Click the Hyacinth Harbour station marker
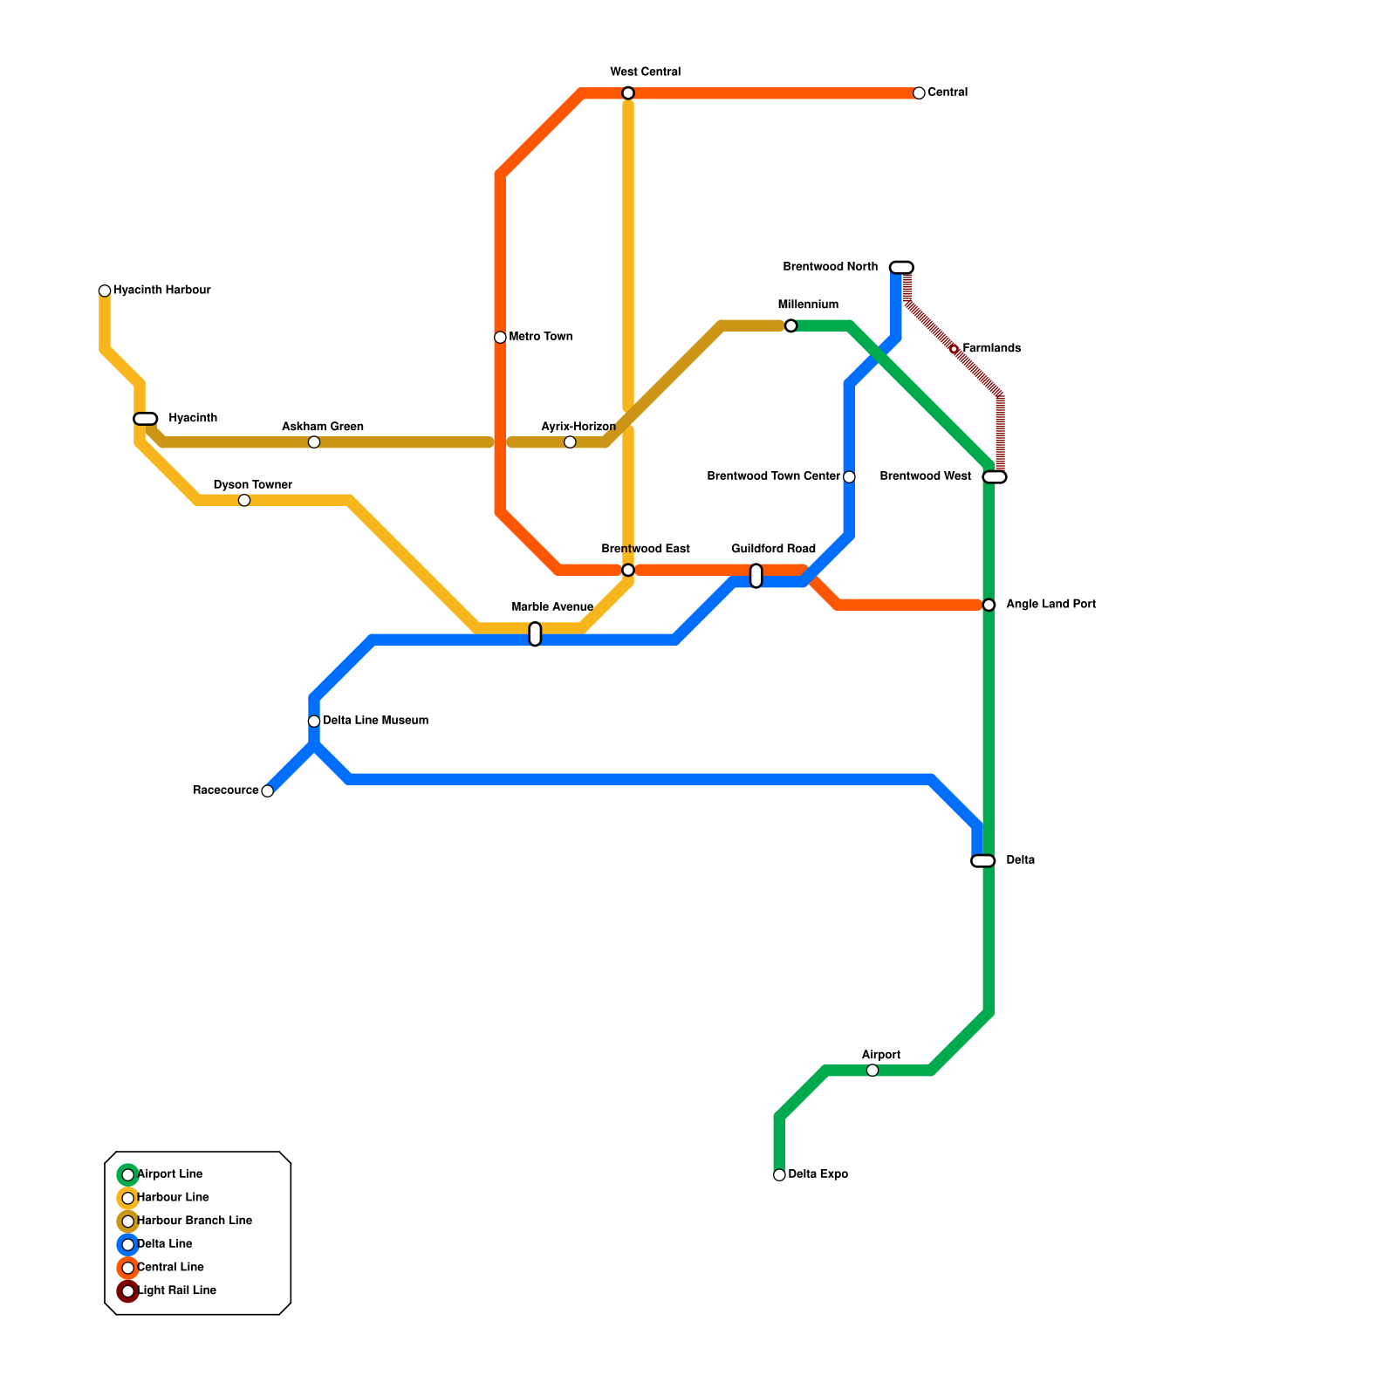click(105, 291)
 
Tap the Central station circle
click(919, 93)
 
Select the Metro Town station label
click(540, 337)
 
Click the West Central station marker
click(628, 93)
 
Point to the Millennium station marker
click(790, 326)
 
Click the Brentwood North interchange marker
click(901, 267)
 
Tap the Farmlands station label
click(991, 349)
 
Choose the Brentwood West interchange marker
click(995, 477)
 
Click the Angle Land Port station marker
click(989, 605)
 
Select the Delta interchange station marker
click(983, 861)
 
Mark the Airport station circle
click(872, 1071)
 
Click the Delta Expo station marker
click(779, 1175)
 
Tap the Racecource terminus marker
click(268, 791)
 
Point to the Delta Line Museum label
click(375, 721)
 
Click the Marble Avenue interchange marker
click(535, 634)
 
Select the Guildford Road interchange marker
click(756, 576)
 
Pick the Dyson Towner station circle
click(244, 500)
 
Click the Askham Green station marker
click(314, 442)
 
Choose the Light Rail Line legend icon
click(128, 1291)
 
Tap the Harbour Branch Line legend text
click(195, 1221)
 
